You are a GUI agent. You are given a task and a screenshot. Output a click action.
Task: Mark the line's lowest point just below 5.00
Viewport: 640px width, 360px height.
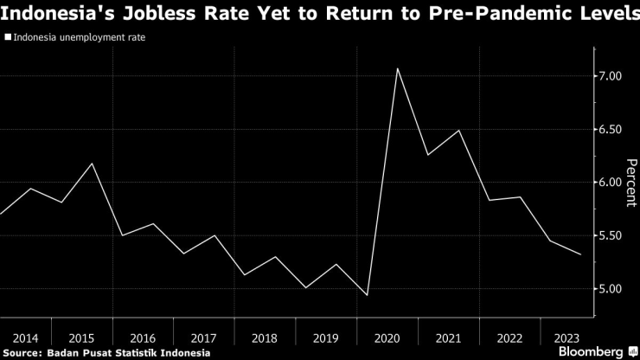[x=367, y=296]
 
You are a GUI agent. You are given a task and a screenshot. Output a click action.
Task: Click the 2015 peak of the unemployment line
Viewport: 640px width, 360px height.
[x=92, y=164]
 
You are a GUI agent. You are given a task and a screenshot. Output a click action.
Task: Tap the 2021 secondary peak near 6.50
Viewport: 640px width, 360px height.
[x=458, y=131]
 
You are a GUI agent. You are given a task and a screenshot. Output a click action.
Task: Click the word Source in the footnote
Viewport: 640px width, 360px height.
[x=24, y=352]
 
